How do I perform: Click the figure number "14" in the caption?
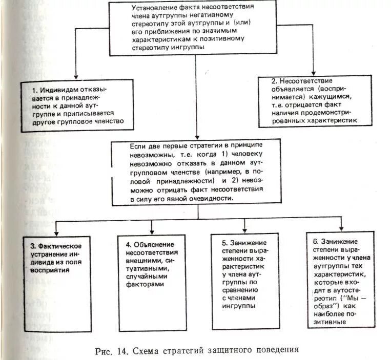click(x=120, y=351)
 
